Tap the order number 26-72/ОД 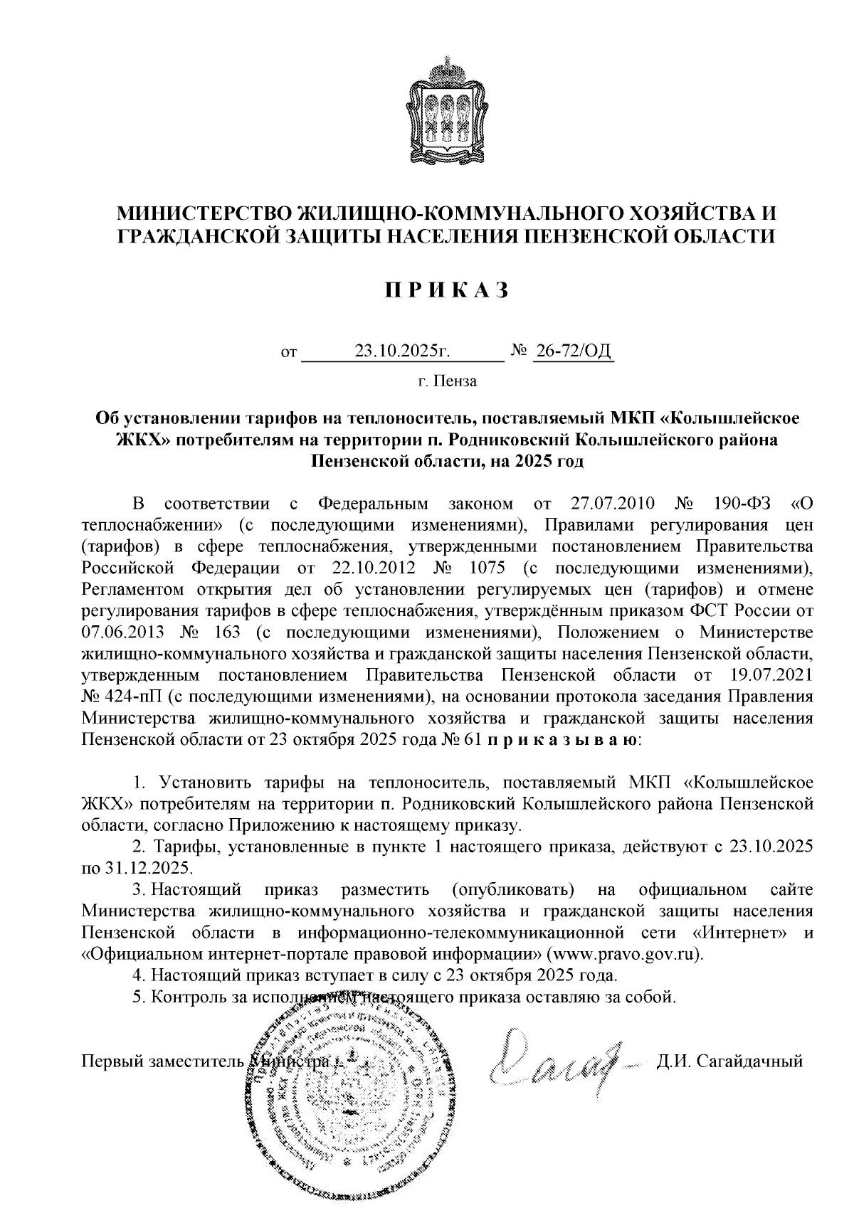coord(573,351)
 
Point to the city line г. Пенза coord(447,381)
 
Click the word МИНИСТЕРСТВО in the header coord(204,213)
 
